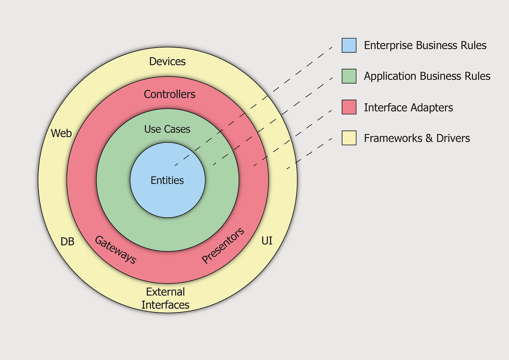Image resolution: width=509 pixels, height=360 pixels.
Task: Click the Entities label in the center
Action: coord(167,180)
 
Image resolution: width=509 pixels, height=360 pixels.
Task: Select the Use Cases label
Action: coord(167,129)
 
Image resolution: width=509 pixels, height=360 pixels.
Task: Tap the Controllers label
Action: coord(169,94)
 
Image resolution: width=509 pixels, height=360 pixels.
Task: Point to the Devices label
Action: coord(167,61)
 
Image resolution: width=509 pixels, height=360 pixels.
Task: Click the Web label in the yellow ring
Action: coord(61,133)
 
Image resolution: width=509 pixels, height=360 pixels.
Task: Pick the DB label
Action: coord(67,241)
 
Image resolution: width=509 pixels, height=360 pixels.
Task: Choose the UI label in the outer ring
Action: coord(267,241)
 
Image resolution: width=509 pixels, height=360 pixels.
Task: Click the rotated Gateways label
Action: coord(116,250)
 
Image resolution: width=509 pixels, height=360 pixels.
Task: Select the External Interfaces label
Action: coord(165,298)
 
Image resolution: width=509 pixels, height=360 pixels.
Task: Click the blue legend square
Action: coord(349,45)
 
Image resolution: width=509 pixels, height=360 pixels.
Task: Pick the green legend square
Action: coord(349,76)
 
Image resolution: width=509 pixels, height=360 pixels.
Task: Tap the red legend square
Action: coord(349,107)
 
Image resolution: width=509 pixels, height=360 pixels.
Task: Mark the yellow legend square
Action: coord(349,138)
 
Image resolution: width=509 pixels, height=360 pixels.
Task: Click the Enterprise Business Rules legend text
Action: coord(425,45)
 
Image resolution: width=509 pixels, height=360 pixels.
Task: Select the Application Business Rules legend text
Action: coord(427,76)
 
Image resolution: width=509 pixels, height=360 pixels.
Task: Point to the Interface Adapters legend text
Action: coord(408,108)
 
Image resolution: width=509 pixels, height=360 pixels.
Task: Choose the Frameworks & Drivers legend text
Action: coord(417,138)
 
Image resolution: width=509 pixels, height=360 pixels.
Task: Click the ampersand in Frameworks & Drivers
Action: coord(429,139)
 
